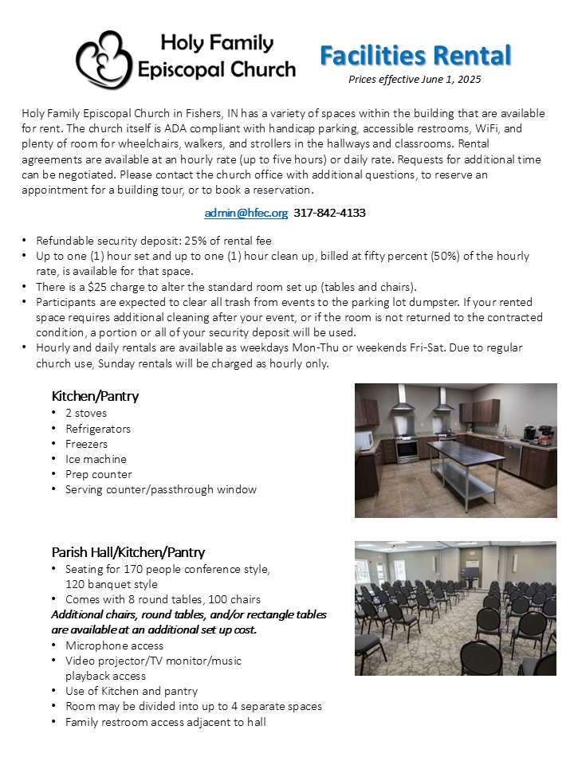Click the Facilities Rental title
[415, 55]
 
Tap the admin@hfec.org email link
[246, 213]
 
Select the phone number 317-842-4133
[330, 213]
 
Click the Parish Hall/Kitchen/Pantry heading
[128, 551]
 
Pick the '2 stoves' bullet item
[86, 414]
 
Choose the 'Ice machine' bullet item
[96, 459]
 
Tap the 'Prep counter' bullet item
[99, 474]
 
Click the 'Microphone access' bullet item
[114, 645]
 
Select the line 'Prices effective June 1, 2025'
[415, 79]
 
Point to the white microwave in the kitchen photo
[364, 440]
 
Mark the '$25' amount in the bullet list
[98, 287]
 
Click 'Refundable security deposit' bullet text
[100, 241]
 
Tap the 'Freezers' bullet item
[86, 444]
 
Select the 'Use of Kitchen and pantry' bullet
[132, 691]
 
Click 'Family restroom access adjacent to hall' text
[166, 722]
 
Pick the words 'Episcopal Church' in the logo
[217, 69]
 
